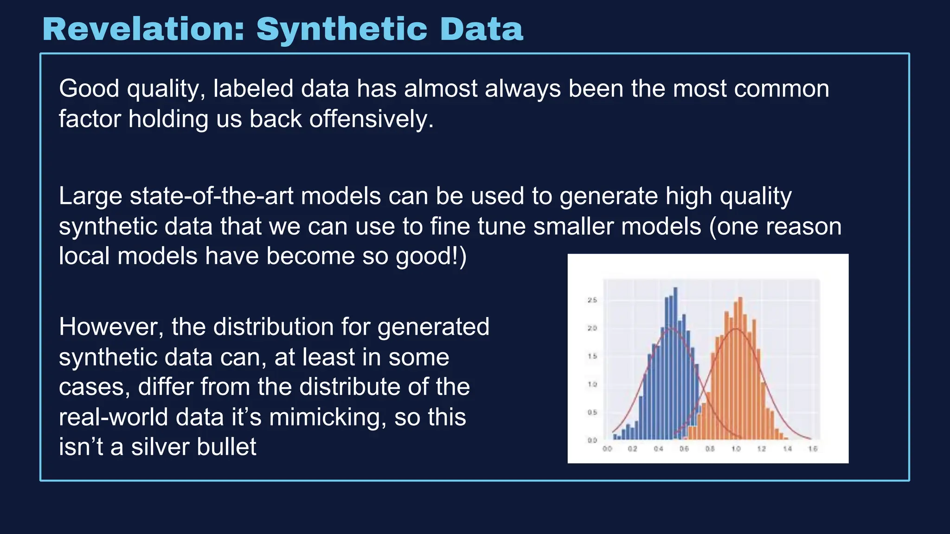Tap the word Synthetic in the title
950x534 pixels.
pos(341,29)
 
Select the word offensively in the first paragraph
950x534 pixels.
pos(371,119)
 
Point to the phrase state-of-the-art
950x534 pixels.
pos(212,196)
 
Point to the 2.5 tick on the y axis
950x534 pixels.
pos(592,300)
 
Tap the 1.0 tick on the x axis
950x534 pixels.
pos(736,449)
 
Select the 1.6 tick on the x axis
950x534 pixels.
pos(813,449)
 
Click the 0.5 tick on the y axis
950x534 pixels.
pos(592,413)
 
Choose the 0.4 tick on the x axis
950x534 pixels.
pos(658,449)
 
